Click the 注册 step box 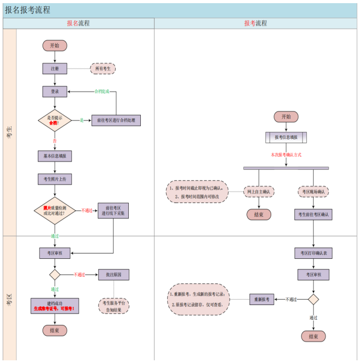pyautogui.click(x=55, y=68)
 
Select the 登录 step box pyautogui.click(x=55, y=92)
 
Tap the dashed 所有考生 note pyautogui.click(x=102, y=68)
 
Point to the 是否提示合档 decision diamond pyautogui.click(x=55, y=120)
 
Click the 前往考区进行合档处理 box pyautogui.click(x=116, y=120)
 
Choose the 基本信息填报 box pyautogui.click(x=55, y=156)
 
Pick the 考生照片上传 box pyautogui.click(x=55, y=179)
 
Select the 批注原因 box pyautogui.click(x=114, y=275)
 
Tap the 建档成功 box pyautogui.click(x=55, y=306)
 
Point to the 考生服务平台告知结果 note pyautogui.click(x=114, y=307)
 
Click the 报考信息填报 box pyautogui.click(x=286, y=137)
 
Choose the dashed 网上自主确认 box pyautogui.click(x=259, y=192)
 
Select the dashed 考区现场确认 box pyautogui.click(x=313, y=192)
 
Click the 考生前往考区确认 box pyautogui.click(x=313, y=215)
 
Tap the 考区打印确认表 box pyautogui.click(x=313, y=253)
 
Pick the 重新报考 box pyautogui.click(x=262, y=299)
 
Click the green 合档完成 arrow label pyautogui.click(x=101, y=92)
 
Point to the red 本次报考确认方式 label pyautogui.click(x=286, y=155)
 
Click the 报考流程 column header pyautogui.click(x=256, y=23)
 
